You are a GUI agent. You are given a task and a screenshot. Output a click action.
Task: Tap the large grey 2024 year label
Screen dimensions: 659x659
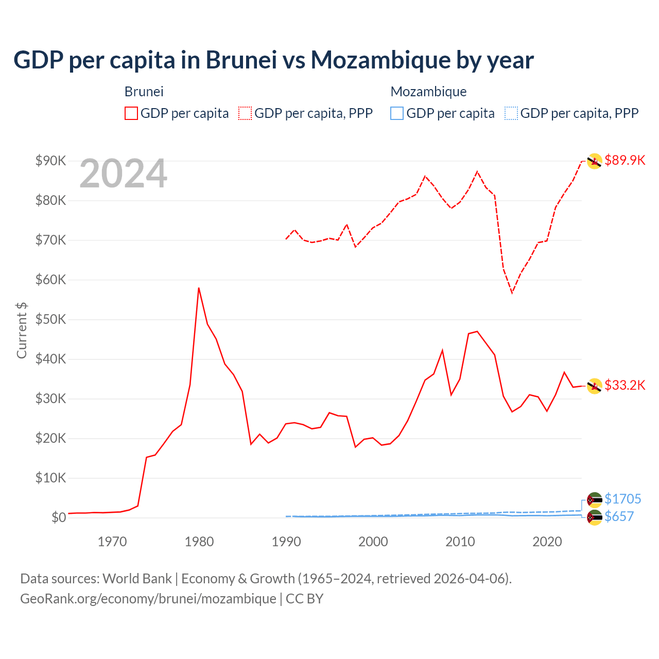point(123,174)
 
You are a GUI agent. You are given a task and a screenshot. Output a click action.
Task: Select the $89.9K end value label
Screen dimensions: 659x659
point(625,160)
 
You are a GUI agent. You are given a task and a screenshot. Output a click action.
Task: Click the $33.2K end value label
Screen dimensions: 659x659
point(625,385)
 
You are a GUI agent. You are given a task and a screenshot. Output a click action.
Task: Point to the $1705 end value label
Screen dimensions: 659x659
point(622,499)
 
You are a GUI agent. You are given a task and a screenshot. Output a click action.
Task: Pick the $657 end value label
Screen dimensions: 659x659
point(619,516)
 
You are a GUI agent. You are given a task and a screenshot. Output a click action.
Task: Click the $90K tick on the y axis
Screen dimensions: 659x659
point(50,161)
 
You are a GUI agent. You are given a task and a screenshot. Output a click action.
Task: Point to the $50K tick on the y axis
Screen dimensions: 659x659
point(50,319)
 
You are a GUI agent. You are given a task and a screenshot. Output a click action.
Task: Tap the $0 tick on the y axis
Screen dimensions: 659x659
point(59,517)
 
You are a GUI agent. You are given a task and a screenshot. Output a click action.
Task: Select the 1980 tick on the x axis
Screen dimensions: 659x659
point(199,542)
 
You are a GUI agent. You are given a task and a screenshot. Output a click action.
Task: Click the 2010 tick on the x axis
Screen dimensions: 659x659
point(460,542)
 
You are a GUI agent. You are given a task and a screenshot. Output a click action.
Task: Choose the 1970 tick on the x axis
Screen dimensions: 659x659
point(112,542)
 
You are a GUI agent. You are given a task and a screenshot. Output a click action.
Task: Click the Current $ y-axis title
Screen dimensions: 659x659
point(22,330)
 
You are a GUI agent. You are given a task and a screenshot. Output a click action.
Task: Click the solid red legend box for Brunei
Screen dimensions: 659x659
point(131,113)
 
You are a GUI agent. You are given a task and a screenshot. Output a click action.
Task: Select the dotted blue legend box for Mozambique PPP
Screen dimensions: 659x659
point(511,113)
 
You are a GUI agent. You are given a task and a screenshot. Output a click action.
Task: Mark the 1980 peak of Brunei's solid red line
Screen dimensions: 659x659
point(199,288)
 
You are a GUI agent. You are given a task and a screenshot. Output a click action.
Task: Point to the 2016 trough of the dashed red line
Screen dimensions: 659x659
point(512,292)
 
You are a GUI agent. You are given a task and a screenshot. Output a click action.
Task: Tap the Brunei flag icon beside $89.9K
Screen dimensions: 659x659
point(594,161)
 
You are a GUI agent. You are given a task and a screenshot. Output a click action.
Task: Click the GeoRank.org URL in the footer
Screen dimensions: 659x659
point(148,599)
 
